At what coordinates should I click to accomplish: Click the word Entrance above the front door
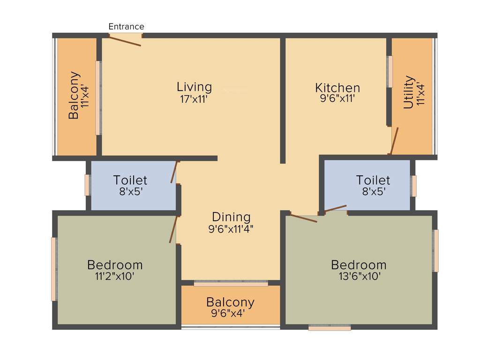click(126, 27)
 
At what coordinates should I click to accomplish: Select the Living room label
click(194, 87)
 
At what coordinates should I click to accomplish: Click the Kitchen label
click(337, 88)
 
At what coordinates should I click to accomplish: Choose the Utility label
click(409, 92)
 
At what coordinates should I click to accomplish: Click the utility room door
click(394, 141)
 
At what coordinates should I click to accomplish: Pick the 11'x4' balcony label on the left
click(85, 96)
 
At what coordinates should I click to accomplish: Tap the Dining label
click(231, 217)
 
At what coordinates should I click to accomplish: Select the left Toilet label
click(130, 180)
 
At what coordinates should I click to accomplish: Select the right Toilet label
click(373, 180)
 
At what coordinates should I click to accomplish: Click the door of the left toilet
click(175, 172)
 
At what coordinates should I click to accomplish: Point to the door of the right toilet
click(335, 208)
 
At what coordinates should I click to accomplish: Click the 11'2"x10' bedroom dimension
click(115, 276)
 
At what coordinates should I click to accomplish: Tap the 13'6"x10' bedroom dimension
click(359, 276)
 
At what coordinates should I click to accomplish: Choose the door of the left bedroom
click(173, 230)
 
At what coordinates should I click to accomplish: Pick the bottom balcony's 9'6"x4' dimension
click(231, 313)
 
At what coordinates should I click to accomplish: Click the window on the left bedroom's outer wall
click(54, 269)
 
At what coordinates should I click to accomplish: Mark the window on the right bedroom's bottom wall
click(330, 328)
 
